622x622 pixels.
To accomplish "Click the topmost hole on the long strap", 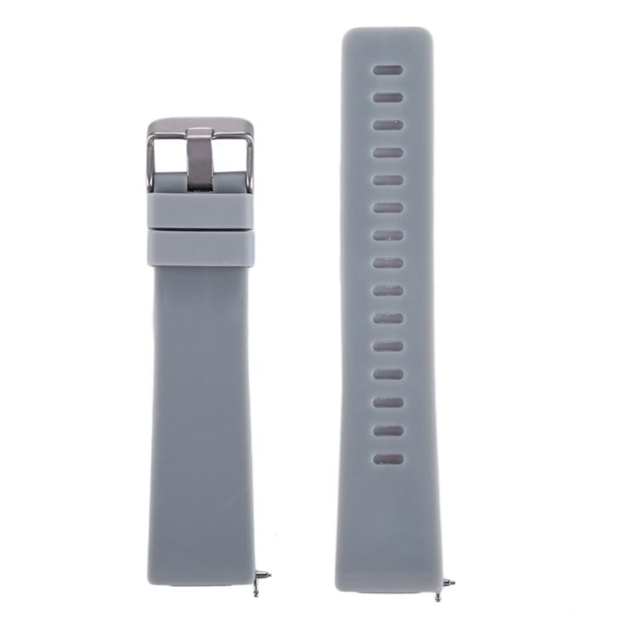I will point(388,70).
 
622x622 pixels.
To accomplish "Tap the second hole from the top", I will point(388,98).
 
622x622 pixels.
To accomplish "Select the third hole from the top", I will point(388,125).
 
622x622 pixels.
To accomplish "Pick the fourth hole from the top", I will point(388,152).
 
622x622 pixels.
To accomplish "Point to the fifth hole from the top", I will point(388,180).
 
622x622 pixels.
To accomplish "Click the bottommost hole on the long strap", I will point(388,459).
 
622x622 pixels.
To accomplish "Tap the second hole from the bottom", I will point(388,431).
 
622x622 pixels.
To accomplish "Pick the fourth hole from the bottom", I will point(388,374).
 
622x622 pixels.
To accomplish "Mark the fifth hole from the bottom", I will point(388,346).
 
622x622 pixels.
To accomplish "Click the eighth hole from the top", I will point(388,263).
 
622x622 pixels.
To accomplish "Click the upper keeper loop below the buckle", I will point(201,211).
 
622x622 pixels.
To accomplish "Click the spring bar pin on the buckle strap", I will point(263,577).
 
